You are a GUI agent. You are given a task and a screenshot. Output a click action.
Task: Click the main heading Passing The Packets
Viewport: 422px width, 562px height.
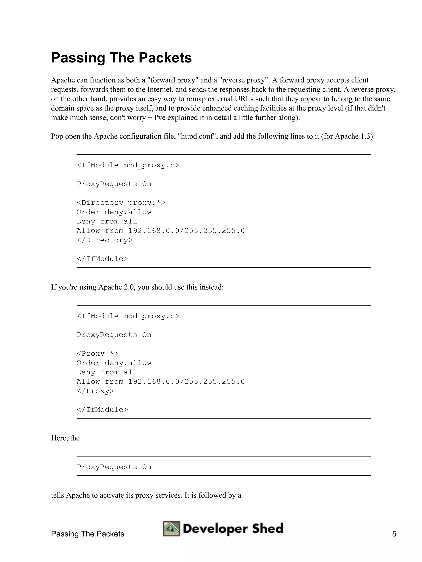pos(121,58)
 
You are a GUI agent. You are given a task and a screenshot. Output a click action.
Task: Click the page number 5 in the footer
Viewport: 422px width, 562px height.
pos(394,534)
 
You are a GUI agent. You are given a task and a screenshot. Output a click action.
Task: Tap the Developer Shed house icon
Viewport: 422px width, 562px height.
pos(172,529)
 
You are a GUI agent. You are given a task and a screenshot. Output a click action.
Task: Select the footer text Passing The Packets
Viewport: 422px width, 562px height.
pos(88,534)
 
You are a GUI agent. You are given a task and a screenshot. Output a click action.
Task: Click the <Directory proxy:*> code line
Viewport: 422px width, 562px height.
pos(121,203)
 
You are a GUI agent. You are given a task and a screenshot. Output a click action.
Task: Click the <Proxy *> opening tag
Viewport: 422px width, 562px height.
pos(97,354)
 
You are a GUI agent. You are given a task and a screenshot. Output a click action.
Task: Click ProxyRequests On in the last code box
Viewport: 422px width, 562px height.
pos(114,467)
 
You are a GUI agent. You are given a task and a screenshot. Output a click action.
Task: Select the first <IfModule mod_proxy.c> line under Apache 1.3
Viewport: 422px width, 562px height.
pos(128,165)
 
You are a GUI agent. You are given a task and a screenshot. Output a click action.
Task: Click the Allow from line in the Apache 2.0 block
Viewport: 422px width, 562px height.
pos(161,382)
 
